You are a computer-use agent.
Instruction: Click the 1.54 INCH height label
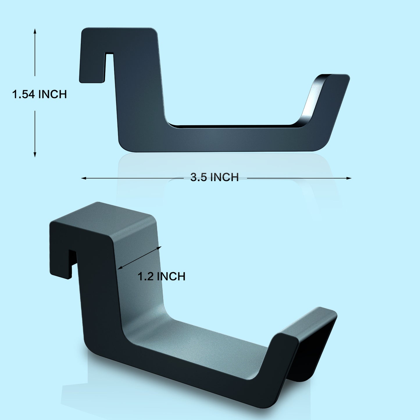tap(40, 94)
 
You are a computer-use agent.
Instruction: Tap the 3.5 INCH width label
tap(215, 177)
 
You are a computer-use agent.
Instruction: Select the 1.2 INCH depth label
tap(161, 276)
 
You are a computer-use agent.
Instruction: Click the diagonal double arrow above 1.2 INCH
tap(139, 258)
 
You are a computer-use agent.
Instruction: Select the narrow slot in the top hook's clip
tap(109, 67)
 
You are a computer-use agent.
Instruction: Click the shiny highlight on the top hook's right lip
tap(311, 100)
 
